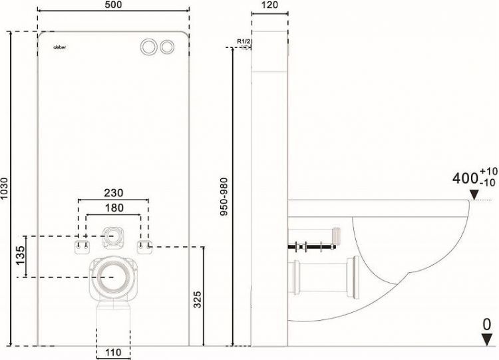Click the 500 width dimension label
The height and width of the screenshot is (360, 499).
click(112, 5)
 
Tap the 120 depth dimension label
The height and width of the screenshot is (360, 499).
click(269, 5)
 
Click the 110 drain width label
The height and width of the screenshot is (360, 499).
click(112, 353)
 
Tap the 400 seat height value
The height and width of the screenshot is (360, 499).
click(465, 178)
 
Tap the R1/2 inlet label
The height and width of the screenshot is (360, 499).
click(244, 42)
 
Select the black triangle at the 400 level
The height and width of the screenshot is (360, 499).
click(474, 194)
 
